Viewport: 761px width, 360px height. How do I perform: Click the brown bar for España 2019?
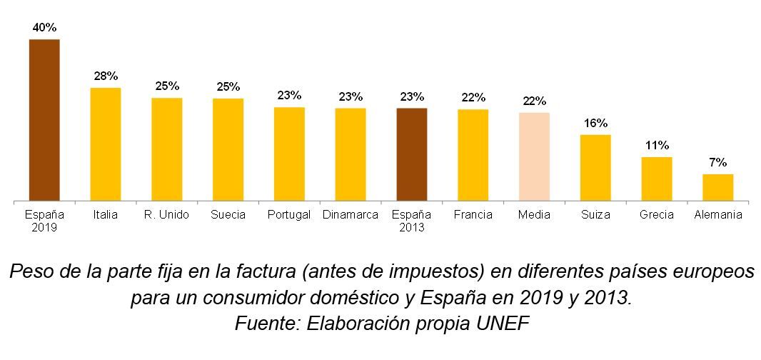click(x=44, y=120)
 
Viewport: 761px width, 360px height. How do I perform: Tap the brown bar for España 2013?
click(x=412, y=154)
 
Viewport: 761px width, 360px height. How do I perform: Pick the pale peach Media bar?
click(x=534, y=156)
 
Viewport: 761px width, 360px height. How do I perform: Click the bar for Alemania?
click(x=717, y=187)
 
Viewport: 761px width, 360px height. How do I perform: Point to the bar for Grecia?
click(x=657, y=179)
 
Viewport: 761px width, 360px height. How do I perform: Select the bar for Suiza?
click(x=595, y=167)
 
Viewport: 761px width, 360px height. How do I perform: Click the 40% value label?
click(x=44, y=27)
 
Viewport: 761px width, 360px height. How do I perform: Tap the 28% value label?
click(x=106, y=76)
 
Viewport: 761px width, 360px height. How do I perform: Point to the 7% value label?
click(x=718, y=162)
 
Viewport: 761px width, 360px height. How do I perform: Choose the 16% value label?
click(x=595, y=123)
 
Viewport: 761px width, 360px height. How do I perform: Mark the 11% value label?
click(x=657, y=145)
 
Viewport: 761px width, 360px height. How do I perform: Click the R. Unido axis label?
click(x=166, y=215)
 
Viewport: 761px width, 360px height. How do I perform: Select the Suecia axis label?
click(x=228, y=215)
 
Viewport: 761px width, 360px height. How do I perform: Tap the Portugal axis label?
click(x=289, y=215)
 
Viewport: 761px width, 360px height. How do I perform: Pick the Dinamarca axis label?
click(x=350, y=215)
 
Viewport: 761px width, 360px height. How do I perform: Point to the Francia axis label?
click(x=473, y=215)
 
